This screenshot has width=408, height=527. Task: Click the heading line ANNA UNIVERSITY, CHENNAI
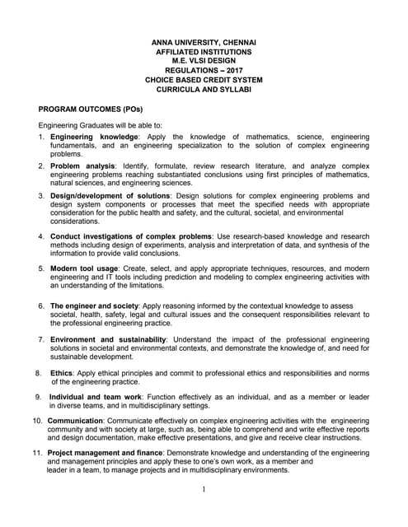pos(204,42)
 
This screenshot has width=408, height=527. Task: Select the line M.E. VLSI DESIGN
pos(204,61)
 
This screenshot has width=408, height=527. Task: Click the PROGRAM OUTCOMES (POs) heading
pos(91,109)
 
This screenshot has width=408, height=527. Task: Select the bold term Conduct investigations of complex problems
pos(130,236)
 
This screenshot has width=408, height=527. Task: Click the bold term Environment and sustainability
pos(108,339)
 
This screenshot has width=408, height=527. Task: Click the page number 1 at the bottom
pos(204,490)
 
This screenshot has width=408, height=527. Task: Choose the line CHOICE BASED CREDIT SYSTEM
pos(204,80)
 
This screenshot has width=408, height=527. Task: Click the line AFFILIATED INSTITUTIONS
pos(204,51)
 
